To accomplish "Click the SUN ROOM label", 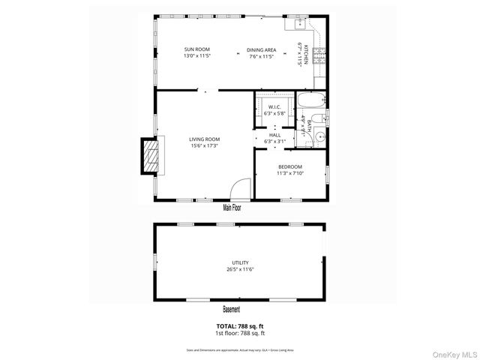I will point(196,50).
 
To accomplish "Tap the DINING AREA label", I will point(262,50).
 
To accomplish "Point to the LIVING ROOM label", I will point(204,139).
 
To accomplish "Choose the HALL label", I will point(274,135).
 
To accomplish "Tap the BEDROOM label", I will point(289,166).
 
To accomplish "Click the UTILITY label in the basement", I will point(240,262).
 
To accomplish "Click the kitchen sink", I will point(300,23).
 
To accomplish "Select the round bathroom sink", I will point(319,137).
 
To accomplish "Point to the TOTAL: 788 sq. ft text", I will point(240,325).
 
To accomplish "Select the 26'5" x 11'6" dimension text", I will point(240,269).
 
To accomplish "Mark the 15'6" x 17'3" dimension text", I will point(204,145).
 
